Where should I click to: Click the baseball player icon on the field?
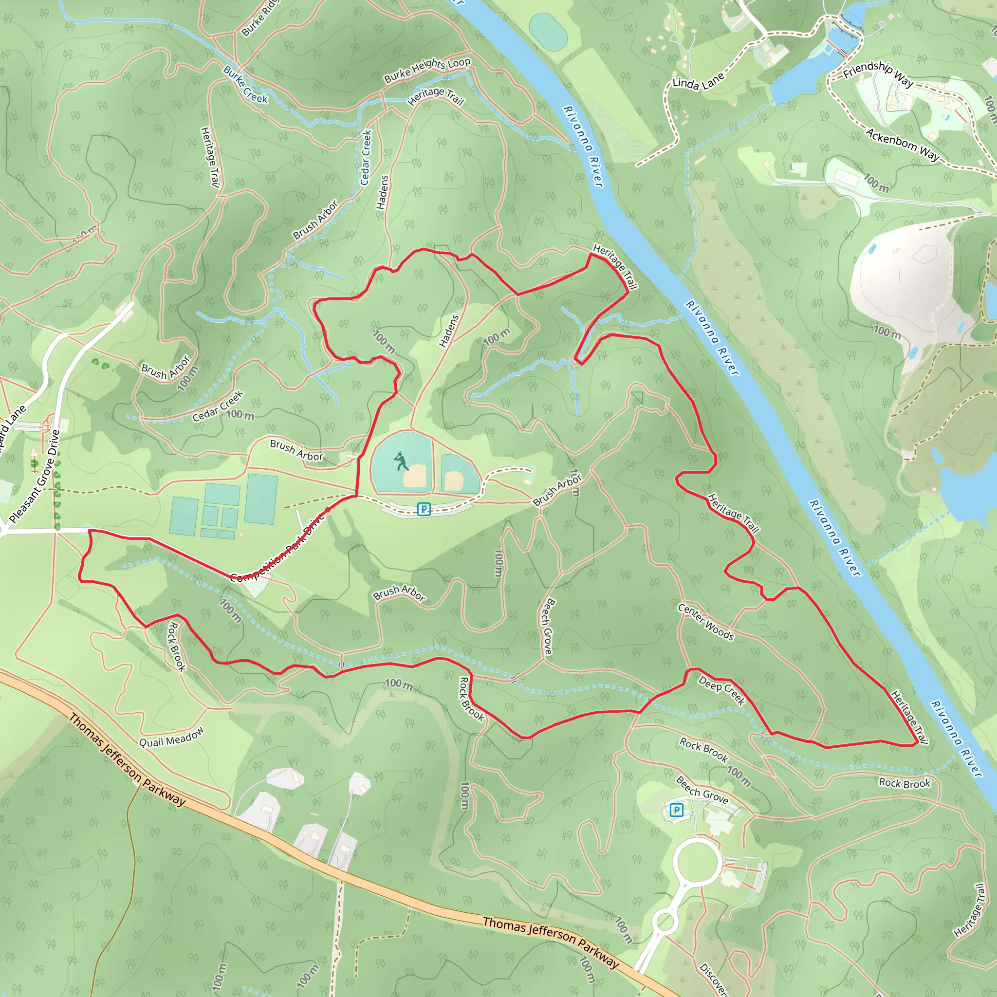click(x=401, y=461)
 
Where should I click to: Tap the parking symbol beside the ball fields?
click(x=424, y=509)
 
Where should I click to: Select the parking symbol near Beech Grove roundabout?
click(x=676, y=810)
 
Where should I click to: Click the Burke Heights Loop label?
click(x=427, y=70)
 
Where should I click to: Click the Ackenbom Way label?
click(x=903, y=145)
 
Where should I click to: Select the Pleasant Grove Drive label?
click(x=35, y=476)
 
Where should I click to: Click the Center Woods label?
click(x=705, y=622)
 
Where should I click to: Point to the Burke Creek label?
click(x=246, y=84)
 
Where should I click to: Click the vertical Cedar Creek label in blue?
click(x=366, y=157)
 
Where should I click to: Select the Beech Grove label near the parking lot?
click(x=702, y=790)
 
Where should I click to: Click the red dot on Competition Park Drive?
click(x=328, y=509)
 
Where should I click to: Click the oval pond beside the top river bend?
click(x=548, y=32)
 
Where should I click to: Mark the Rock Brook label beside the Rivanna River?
click(x=905, y=783)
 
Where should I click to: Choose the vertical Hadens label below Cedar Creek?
click(x=382, y=192)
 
